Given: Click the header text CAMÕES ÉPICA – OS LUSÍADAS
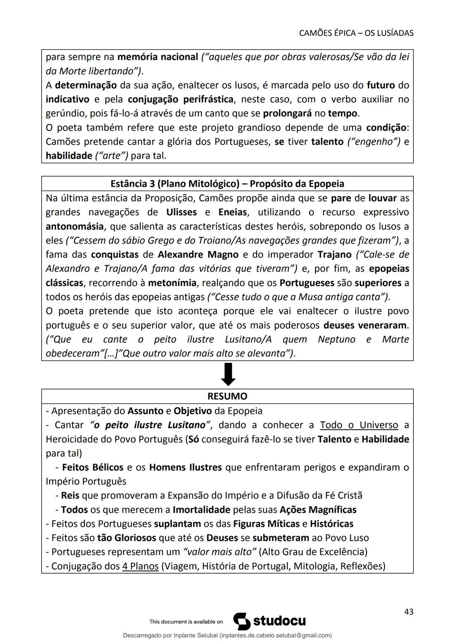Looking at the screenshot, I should pyautogui.click(x=356, y=33).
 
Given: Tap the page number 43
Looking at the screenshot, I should pyautogui.click(x=408, y=612).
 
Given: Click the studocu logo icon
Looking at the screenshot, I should pyautogui.click(x=242, y=621).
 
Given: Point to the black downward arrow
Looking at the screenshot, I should pyautogui.click(x=228, y=374).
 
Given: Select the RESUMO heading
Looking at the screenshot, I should pyautogui.click(x=227, y=396).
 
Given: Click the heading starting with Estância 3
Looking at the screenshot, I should pyautogui.click(x=227, y=184).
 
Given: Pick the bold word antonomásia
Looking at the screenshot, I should pyautogui.click(x=75, y=226).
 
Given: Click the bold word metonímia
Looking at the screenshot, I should pyautogui.click(x=172, y=283).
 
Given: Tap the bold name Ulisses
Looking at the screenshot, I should pyautogui.click(x=181, y=212).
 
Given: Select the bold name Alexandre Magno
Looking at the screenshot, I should pyautogui.click(x=198, y=255).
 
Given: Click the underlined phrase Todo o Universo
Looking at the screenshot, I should pyautogui.click(x=359, y=425).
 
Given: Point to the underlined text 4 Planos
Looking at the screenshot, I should pyautogui.click(x=140, y=566).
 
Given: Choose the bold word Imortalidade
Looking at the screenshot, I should pyautogui.click(x=201, y=510).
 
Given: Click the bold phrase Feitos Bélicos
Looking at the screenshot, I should pyautogui.click(x=93, y=467).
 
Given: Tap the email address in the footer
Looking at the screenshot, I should pyautogui.click(x=276, y=635).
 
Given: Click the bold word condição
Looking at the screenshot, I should pyautogui.click(x=387, y=127).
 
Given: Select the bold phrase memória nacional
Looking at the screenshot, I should pyautogui.click(x=158, y=57).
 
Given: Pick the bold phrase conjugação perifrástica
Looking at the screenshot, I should pyautogui.click(x=181, y=99).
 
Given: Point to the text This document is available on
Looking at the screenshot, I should pyautogui.click(x=186, y=622).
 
